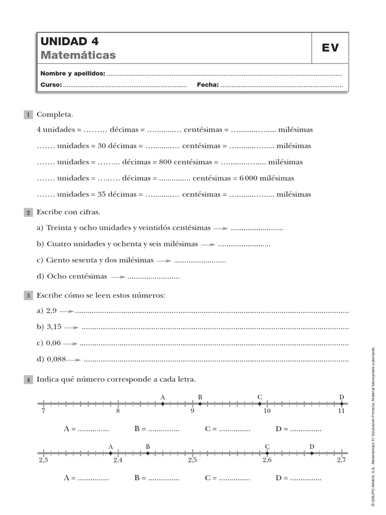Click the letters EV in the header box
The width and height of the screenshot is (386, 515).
330,48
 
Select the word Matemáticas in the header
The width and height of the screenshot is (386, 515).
78,55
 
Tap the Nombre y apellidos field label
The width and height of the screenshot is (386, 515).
73,73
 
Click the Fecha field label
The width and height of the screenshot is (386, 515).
208,85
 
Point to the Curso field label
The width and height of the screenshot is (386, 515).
51,85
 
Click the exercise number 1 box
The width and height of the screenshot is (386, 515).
29,115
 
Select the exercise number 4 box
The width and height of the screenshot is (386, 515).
29,379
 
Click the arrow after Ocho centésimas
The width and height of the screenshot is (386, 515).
118,277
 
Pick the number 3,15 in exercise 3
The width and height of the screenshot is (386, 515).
54,327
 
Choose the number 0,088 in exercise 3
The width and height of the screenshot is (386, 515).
56,360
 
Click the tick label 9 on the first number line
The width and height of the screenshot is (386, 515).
192,411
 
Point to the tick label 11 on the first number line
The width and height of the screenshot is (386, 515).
341,411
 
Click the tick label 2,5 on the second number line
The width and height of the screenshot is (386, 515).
192,460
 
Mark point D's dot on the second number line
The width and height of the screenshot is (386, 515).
312,453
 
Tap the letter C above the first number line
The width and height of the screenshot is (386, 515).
260,397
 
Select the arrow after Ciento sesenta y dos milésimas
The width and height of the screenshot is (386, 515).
164,261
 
